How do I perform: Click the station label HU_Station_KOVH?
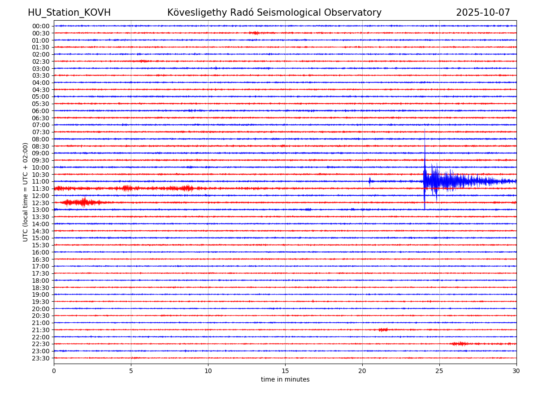(x=69, y=13)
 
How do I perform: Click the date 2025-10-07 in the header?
(x=483, y=13)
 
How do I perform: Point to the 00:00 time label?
(x=41, y=26)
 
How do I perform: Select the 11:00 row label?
(x=41, y=181)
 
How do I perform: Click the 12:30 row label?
(x=41, y=203)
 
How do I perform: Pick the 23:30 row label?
(x=41, y=358)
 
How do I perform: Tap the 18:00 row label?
(x=41, y=281)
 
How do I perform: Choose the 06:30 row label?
(x=41, y=118)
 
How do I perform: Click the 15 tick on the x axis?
(x=285, y=371)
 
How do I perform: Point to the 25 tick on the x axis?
(x=439, y=371)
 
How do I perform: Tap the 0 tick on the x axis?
(x=54, y=371)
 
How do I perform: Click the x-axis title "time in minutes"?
(x=285, y=380)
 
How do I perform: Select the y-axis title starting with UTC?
(x=26, y=192)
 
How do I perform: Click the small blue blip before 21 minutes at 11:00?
(x=369, y=181)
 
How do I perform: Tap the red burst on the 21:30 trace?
(x=383, y=330)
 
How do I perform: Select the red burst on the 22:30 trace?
(x=460, y=344)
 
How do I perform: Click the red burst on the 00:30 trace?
(x=255, y=33)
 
